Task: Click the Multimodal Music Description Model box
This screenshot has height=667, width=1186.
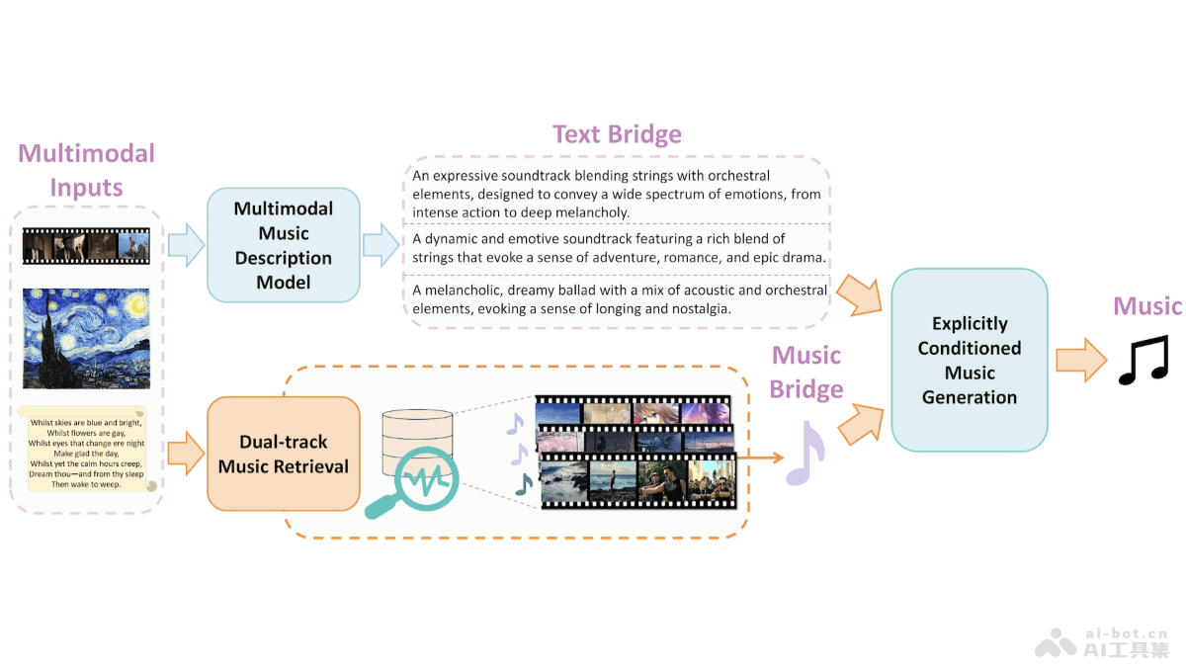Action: [x=283, y=245]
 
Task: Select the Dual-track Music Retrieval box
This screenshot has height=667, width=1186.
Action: [x=283, y=454]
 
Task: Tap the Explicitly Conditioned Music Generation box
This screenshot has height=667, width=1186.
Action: [x=969, y=360]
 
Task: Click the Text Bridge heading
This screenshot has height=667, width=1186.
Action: [x=617, y=134]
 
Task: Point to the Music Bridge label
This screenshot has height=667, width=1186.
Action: [x=805, y=372]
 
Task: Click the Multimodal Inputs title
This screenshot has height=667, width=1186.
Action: [x=87, y=170]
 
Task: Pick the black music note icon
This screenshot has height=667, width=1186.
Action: [x=1144, y=360]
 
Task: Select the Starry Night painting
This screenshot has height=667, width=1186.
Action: [x=86, y=338]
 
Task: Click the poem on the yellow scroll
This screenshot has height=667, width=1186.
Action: [x=86, y=454]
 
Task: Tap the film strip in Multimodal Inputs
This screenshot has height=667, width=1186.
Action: [x=86, y=246]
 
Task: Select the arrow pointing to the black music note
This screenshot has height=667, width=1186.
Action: [x=1080, y=359]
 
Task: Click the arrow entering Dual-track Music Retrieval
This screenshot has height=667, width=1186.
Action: [x=185, y=454]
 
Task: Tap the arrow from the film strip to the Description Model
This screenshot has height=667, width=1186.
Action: [x=185, y=245]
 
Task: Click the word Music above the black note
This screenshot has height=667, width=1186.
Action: [x=1147, y=306]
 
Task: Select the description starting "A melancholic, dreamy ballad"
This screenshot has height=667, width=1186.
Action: [x=620, y=299]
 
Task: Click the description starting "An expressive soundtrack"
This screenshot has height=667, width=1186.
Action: [x=617, y=195]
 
